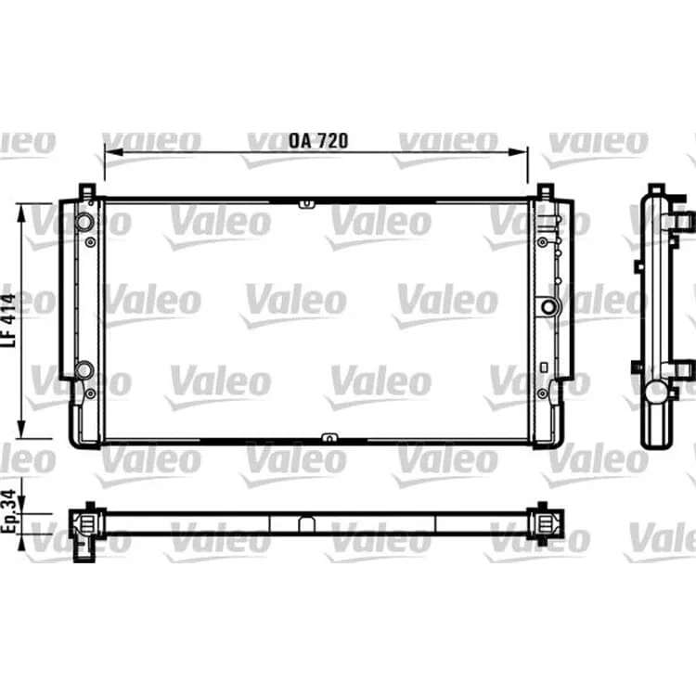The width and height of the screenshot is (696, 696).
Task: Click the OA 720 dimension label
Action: pyautogui.click(x=318, y=141)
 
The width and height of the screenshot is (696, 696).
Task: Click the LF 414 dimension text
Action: pyautogui.click(x=8, y=319)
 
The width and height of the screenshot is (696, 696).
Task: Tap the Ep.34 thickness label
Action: pyautogui.click(x=9, y=510)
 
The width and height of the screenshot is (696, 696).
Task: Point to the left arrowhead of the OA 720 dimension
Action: pyautogui.click(x=113, y=152)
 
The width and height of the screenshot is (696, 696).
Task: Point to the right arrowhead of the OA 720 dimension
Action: pyautogui.click(x=519, y=152)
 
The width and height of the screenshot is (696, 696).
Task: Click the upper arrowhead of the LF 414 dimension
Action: pyautogui.click(x=20, y=213)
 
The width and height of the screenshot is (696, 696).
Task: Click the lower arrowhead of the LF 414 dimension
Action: pyautogui.click(x=20, y=430)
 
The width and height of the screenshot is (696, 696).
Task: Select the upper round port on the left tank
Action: pyautogui.click(x=84, y=222)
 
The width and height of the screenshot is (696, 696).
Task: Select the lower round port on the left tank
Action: pyautogui.click(x=84, y=369)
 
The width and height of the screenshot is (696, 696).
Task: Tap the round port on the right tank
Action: pyautogui.click(x=548, y=307)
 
